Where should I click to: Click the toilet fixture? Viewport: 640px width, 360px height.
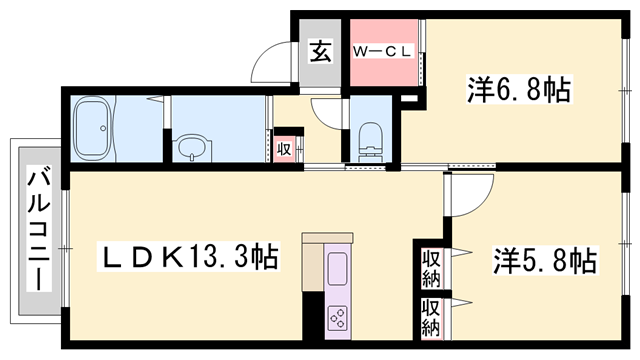[x=369, y=139]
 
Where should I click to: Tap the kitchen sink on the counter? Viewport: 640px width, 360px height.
[x=337, y=269]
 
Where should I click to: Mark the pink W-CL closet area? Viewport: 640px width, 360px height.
[x=385, y=55]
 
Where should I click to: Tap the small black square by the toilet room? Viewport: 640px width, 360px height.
[x=407, y=99]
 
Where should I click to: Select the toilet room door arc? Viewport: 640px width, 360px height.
[x=328, y=111]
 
